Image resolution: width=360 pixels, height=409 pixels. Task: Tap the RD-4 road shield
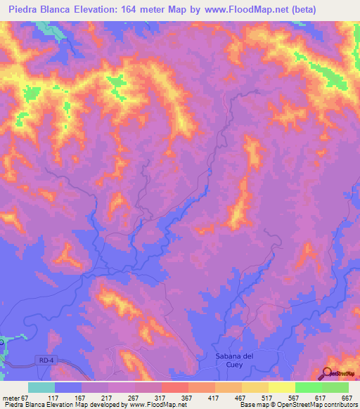pos(44,360)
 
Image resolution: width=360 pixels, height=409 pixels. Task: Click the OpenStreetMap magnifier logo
pos(328,373)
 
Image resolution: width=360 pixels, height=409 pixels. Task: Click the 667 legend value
pos(345,398)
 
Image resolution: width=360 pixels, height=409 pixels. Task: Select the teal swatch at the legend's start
pos(41,387)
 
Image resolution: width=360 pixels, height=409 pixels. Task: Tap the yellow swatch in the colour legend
pos(281,387)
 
